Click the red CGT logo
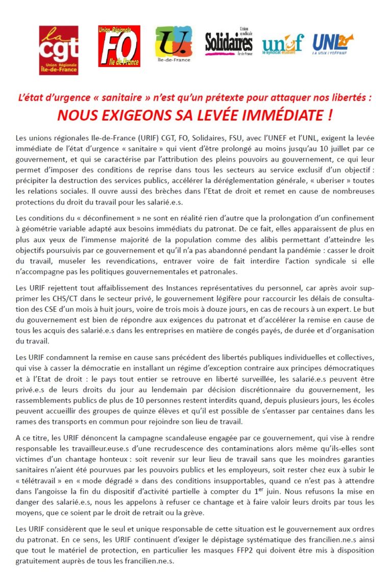pos(59,50)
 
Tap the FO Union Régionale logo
pos(119,46)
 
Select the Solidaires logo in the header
pos(229,43)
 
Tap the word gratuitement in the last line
pos(38,561)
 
